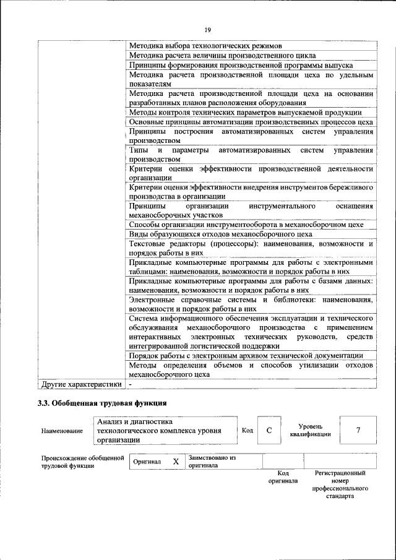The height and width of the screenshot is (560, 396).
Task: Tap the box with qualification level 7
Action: pos(358,430)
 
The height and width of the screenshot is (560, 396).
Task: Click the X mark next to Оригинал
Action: pos(176,462)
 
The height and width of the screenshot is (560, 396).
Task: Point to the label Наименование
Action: pos(62,431)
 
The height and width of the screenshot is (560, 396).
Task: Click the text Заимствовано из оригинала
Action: pos(213,462)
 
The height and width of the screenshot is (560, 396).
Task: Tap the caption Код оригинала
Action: pos(283,476)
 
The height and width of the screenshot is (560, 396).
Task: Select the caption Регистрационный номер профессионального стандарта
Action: pos(340,485)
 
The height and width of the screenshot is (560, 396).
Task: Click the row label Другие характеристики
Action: pos(80,384)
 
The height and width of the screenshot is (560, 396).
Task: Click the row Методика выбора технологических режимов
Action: pos(205,46)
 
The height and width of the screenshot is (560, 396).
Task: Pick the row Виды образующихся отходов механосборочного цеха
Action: pos(221,234)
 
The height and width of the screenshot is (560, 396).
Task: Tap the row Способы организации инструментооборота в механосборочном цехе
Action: pos(246,225)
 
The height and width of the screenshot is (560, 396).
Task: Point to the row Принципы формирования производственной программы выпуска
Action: pos(241,64)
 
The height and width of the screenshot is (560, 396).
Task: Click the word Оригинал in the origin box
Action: pos(147,462)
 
